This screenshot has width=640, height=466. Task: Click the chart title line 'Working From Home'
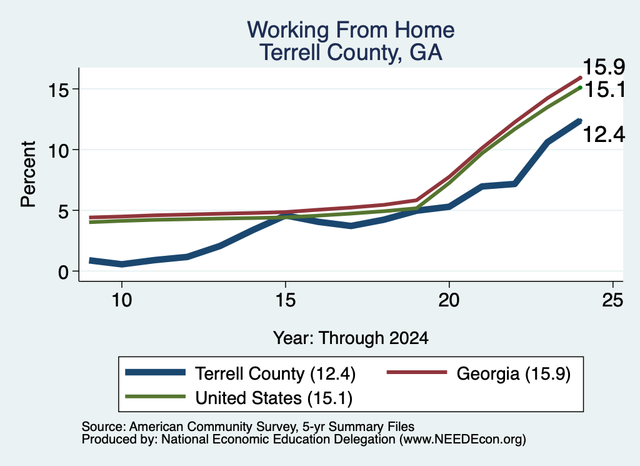pos(351,30)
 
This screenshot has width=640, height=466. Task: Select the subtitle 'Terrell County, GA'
pos(351,53)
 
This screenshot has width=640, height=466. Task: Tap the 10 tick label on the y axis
pos(58,151)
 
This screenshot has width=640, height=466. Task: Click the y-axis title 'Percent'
pos(28,174)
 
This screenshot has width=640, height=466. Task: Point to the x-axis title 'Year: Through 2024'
pos(351,338)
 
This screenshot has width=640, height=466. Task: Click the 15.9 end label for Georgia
pos(604,67)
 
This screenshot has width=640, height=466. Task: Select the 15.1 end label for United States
pos(604,89)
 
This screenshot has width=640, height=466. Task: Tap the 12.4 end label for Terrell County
pos(604,134)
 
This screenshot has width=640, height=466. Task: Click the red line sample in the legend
pos(417,372)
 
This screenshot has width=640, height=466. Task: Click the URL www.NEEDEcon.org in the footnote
pos(462,440)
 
